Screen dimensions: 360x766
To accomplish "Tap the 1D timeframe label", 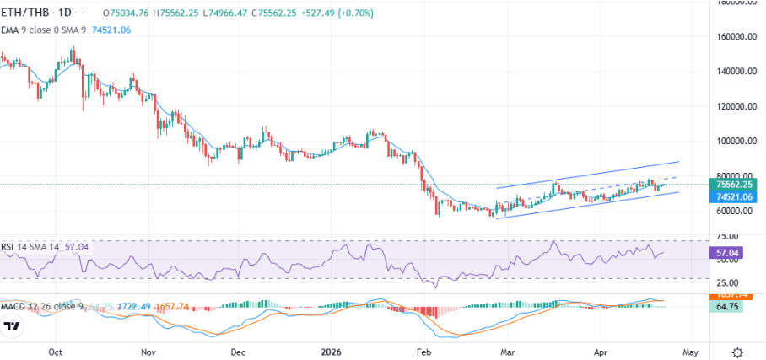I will pyautogui.click(x=63, y=13).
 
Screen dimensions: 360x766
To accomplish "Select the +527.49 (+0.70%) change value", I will pyautogui.click(x=316, y=13).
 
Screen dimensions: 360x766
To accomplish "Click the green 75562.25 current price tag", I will pyautogui.click(x=730, y=184).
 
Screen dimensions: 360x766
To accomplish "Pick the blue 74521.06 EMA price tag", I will pyautogui.click(x=730, y=196).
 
